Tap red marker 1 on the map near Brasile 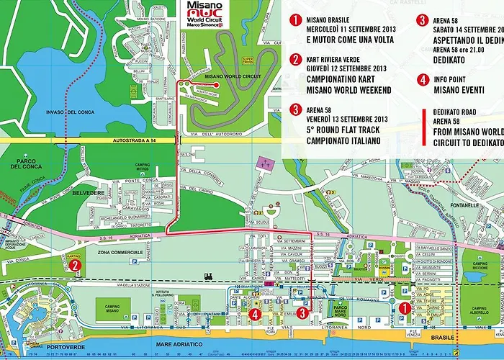click(x=404, y=307)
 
